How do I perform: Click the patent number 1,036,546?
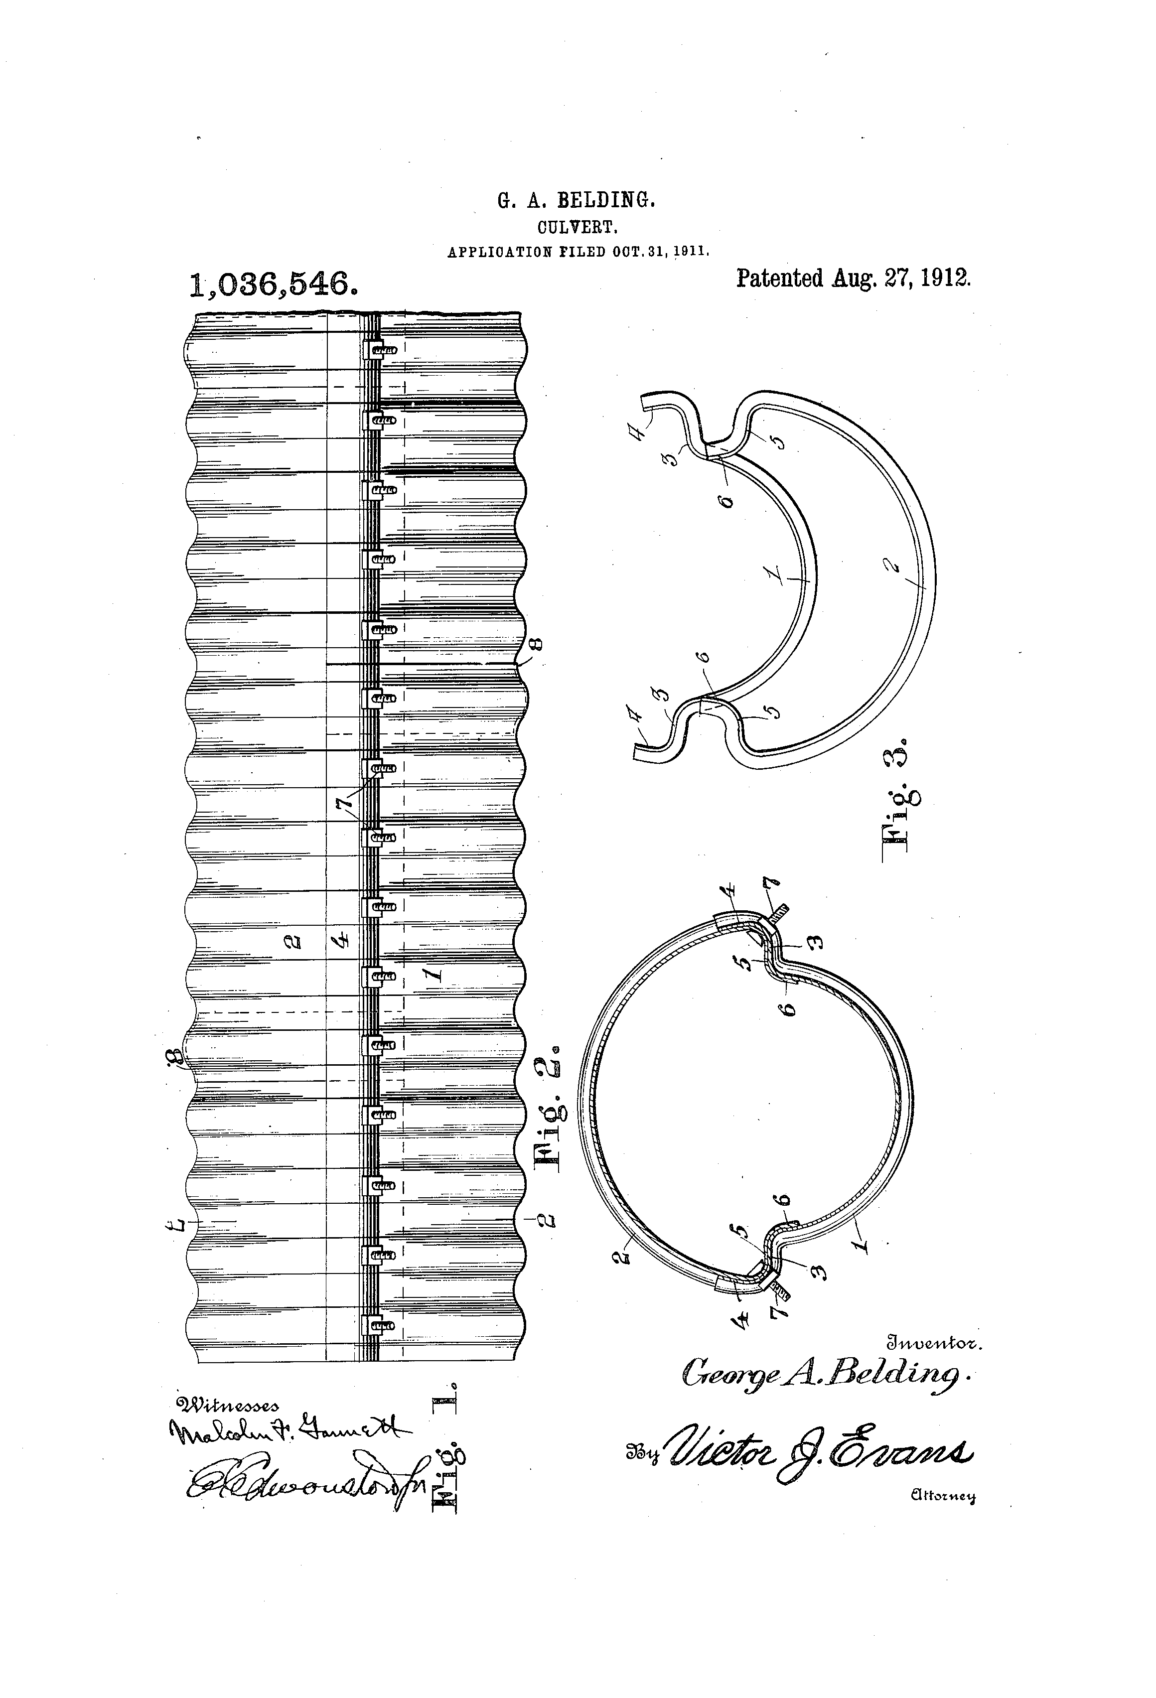click(273, 283)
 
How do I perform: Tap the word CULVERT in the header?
click(578, 227)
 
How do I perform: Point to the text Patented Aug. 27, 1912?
click(853, 279)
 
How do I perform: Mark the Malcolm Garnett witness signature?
click(289, 1430)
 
